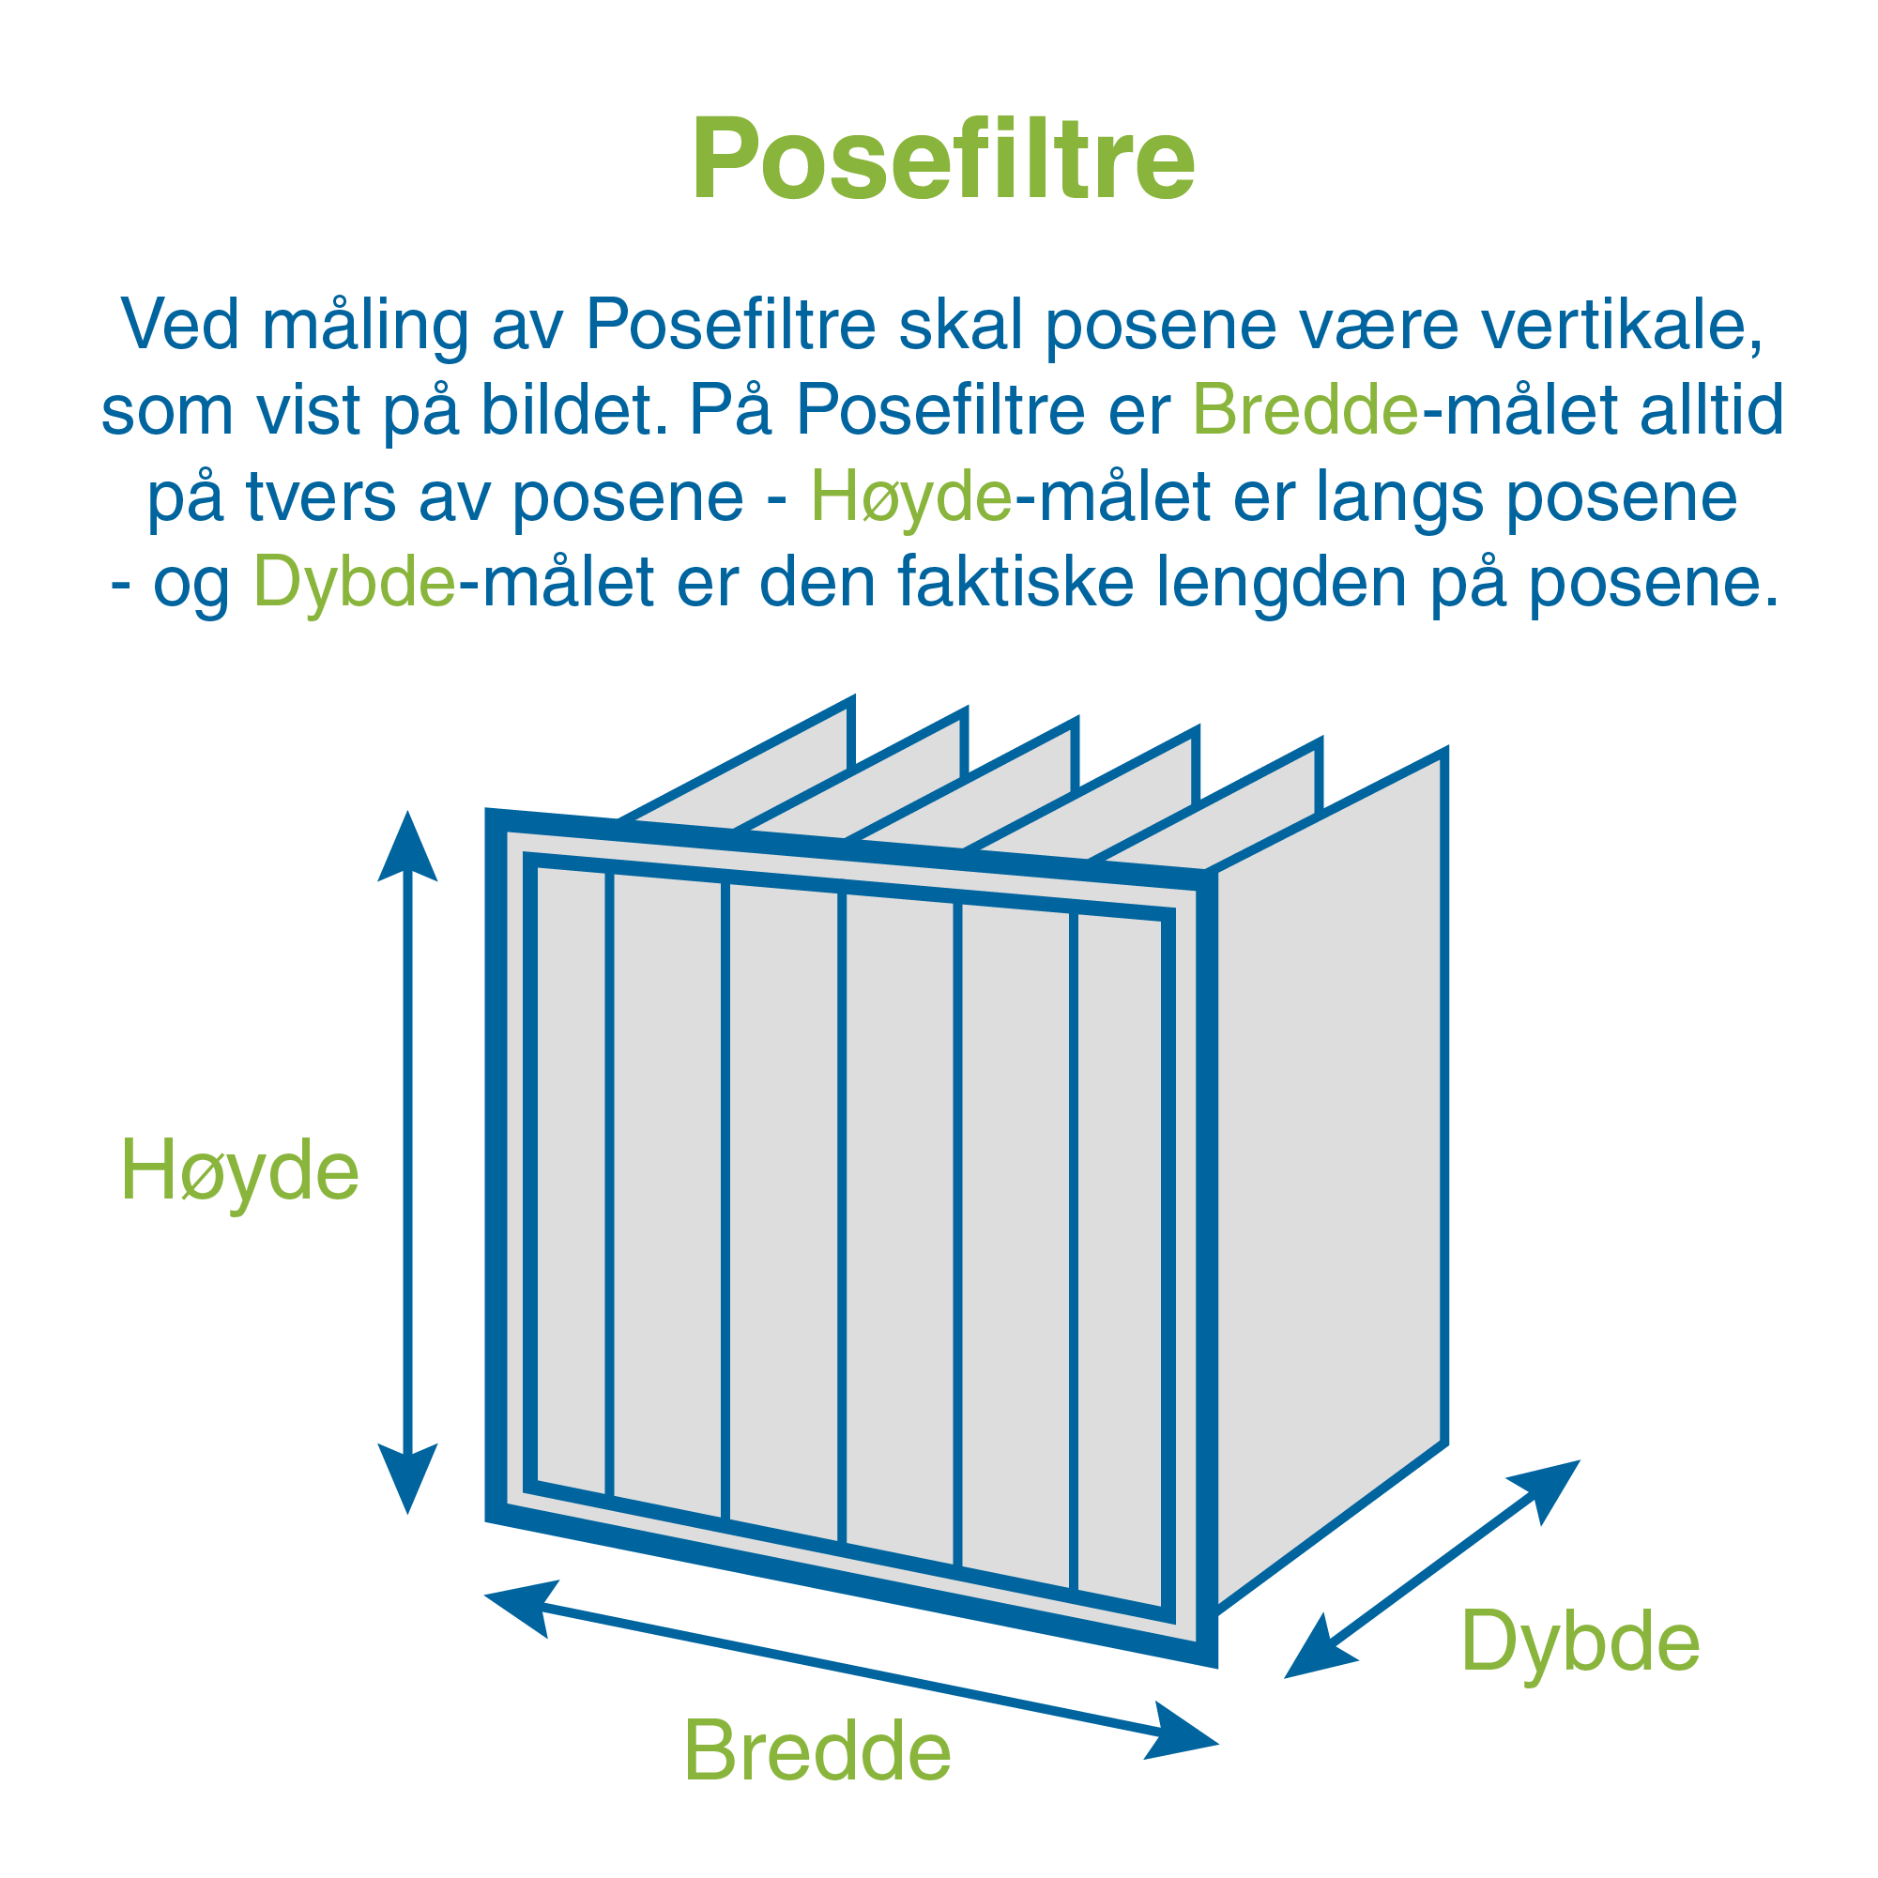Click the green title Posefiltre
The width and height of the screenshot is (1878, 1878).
(943, 160)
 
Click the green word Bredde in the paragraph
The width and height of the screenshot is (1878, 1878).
(1305, 409)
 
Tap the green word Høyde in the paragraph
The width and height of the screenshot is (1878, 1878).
(912, 496)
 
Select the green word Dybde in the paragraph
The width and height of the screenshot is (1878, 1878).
(355, 581)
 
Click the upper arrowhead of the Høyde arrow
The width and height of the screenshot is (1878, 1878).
(407, 847)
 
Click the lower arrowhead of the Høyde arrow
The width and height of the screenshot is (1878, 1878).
(407, 1478)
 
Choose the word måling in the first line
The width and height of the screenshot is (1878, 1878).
(365, 326)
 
